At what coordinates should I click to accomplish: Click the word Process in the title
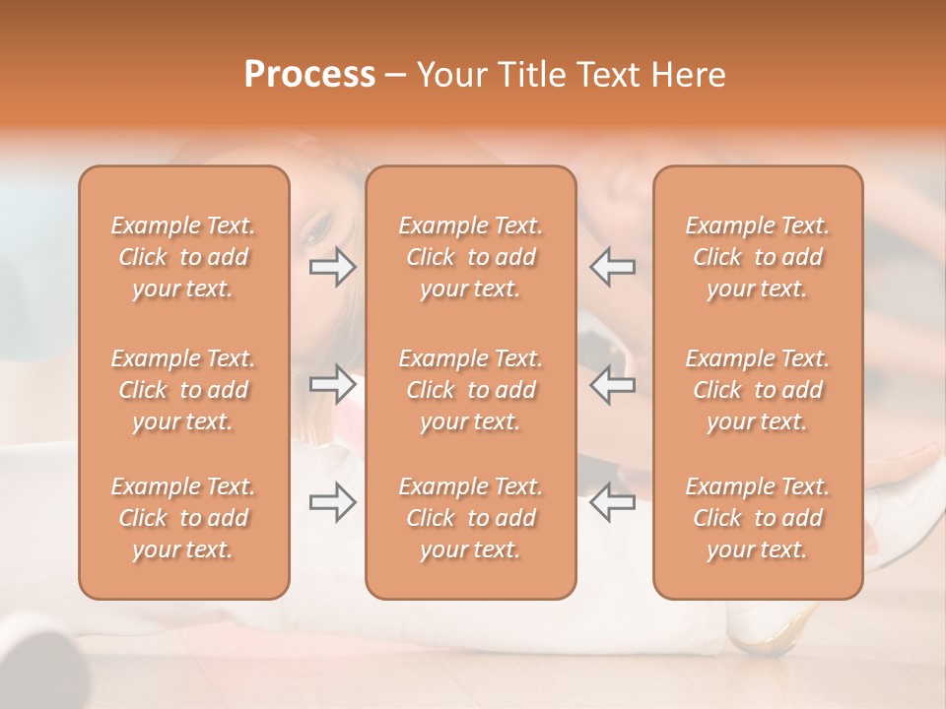[309, 74]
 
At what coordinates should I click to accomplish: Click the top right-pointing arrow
[333, 266]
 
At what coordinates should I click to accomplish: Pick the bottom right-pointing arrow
[333, 502]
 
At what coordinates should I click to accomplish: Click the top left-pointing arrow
[613, 266]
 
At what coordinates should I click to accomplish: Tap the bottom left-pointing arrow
[613, 502]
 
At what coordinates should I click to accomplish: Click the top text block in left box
[183, 257]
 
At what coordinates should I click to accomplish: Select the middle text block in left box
[183, 390]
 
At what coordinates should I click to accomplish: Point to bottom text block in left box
[183, 518]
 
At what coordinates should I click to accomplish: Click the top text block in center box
[471, 257]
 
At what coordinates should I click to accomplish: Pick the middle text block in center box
[471, 390]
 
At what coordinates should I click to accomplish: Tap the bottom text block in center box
[471, 518]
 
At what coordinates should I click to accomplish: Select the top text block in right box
[758, 257]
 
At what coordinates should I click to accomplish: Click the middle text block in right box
[758, 390]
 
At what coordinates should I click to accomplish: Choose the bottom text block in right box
[758, 518]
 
